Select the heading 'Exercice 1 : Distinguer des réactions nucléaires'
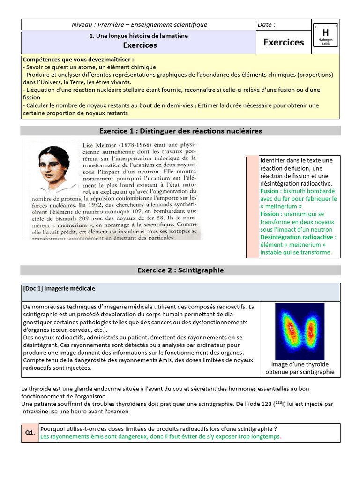(180, 131)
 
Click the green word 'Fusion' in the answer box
(269, 191)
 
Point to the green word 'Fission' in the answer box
(270, 214)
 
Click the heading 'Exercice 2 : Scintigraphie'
(180, 270)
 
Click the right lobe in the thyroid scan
(310, 331)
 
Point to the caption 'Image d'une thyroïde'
(300, 364)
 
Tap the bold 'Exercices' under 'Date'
(284, 42)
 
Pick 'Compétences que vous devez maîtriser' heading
(78, 60)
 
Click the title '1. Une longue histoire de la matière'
(139, 36)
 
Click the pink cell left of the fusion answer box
(252, 206)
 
